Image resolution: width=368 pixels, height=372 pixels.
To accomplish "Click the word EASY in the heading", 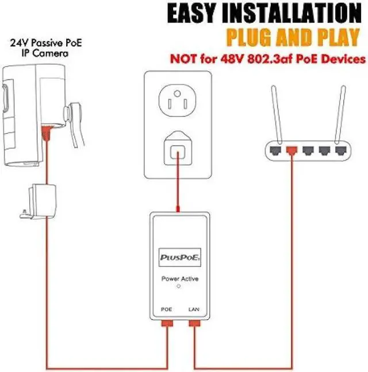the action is [197, 13].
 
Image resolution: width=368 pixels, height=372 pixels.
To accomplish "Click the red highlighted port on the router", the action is [291, 151].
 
